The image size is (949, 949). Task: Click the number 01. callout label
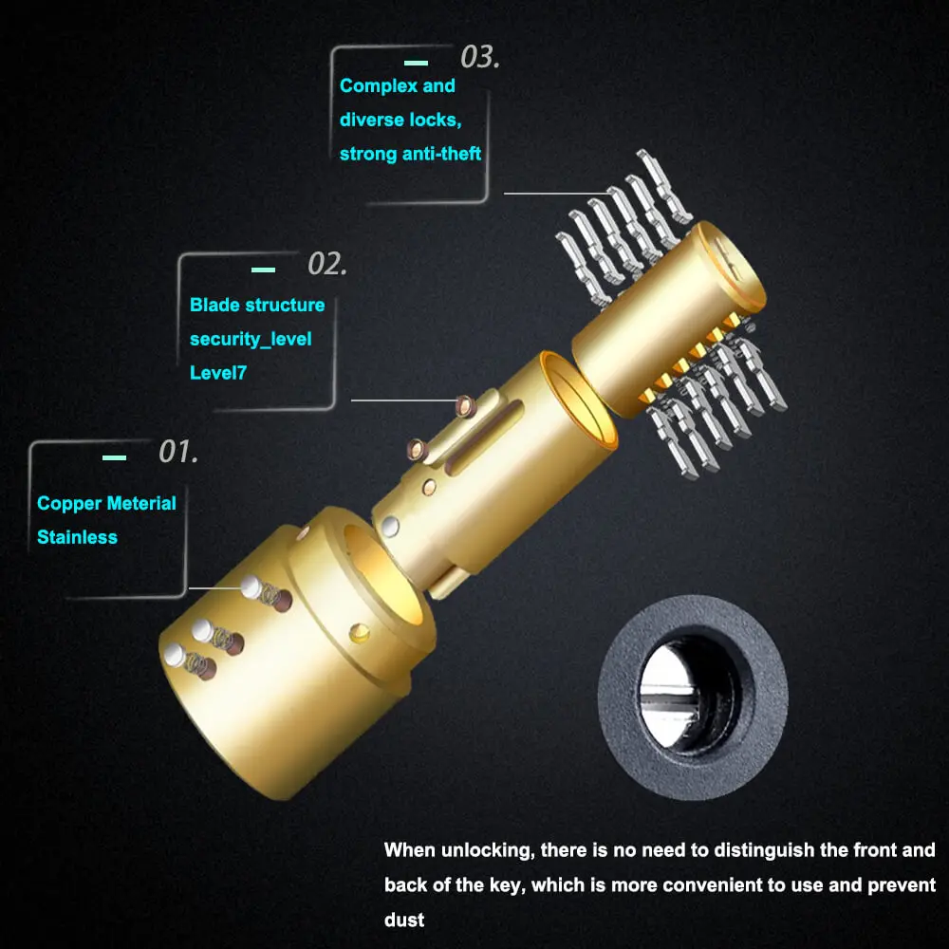[x=178, y=452]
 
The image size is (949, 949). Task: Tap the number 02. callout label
[x=327, y=264]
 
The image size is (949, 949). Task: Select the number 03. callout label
[x=480, y=57]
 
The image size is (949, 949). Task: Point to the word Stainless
[x=77, y=537]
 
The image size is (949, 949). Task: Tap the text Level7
[x=218, y=373]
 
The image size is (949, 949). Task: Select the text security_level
[x=251, y=340]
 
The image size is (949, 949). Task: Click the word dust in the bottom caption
[x=403, y=920]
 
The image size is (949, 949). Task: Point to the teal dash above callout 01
[x=115, y=457]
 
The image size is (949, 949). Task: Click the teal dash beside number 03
[x=416, y=63]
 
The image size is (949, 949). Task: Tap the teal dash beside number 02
[x=263, y=270]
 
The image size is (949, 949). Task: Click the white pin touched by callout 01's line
[x=251, y=586]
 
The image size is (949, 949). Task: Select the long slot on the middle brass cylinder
[x=485, y=437]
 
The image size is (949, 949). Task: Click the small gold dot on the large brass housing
[x=360, y=633]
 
